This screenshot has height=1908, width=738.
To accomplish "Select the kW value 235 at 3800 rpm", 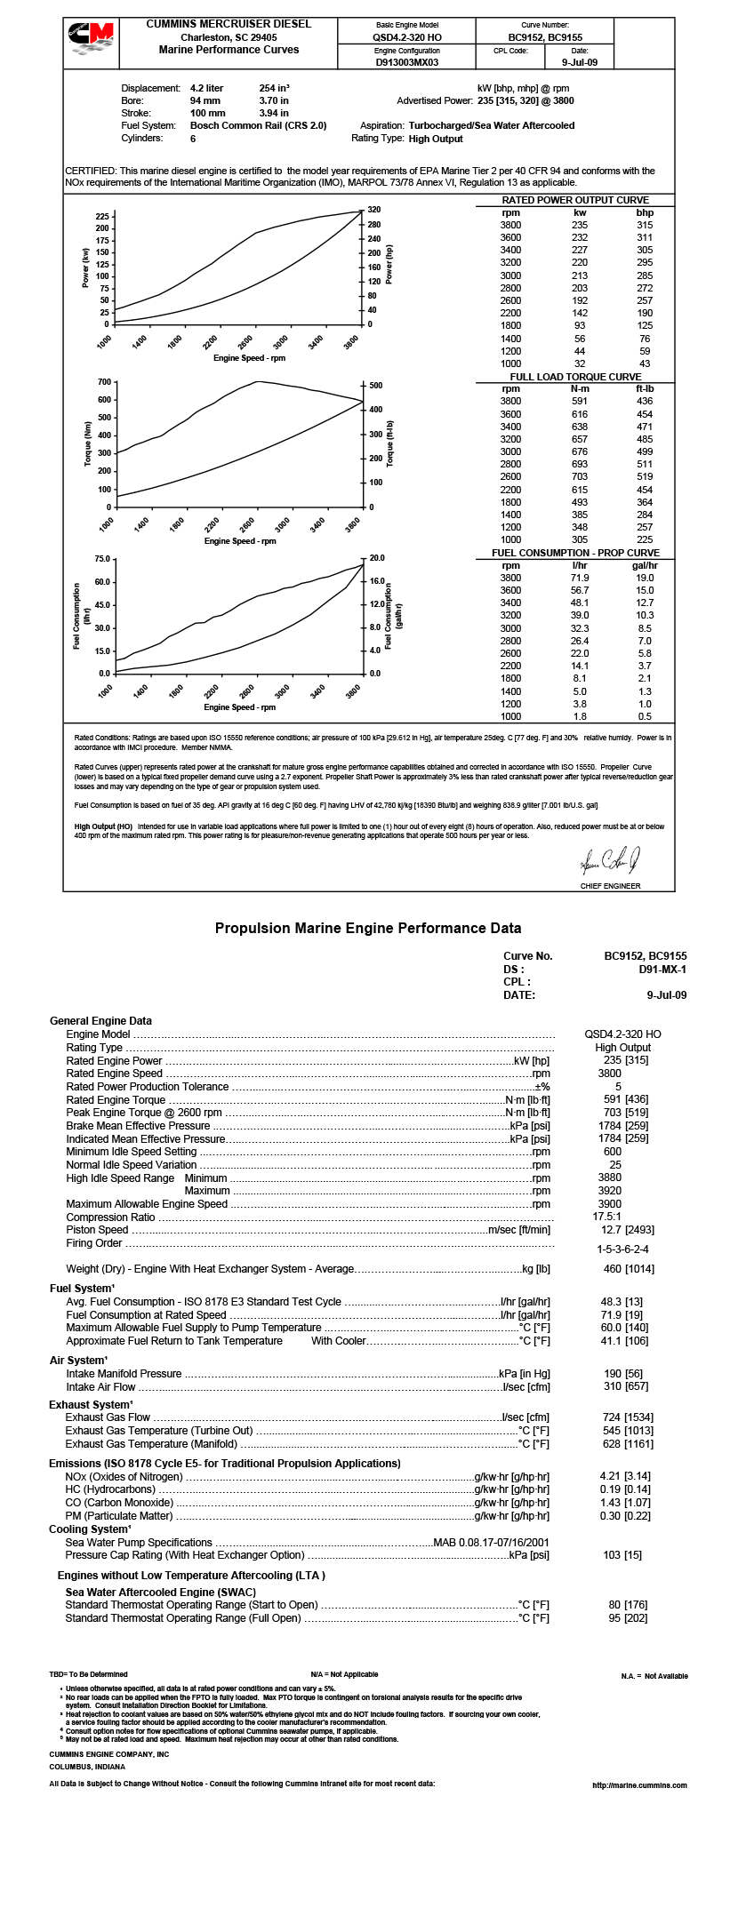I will (580, 225).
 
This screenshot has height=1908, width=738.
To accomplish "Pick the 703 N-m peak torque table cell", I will (580, 476).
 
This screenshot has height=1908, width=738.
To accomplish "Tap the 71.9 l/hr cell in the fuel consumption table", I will (580, 578).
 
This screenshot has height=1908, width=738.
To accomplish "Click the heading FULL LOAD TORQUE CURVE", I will (575, 377).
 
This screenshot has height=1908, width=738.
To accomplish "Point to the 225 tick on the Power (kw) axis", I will (102, 217).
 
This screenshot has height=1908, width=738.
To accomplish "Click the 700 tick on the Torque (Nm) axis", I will (104, 382).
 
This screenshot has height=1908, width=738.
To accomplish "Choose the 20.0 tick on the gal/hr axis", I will (376, 558).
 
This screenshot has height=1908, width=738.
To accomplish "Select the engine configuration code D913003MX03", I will (406, 63).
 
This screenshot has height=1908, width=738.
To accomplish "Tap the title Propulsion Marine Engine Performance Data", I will (368, 929).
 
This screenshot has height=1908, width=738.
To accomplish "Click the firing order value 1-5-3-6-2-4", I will (622, 1249).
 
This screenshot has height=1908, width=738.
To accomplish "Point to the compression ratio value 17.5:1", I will (607, 1217).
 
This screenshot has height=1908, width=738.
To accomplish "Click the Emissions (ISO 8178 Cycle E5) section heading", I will (224, 1464).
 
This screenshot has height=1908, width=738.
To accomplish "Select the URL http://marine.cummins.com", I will (639, 1785).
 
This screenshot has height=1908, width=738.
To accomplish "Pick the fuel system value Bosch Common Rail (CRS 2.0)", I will (258, 126).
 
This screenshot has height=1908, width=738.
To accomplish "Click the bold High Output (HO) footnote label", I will (103, 826).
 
